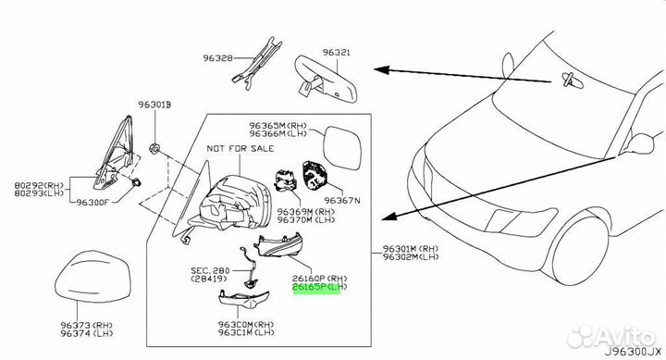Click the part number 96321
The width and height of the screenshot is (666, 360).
click(x=337, y=53)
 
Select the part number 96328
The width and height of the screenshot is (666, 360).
click(x=218, y=57)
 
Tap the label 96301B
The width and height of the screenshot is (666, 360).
click(x=154, y=105)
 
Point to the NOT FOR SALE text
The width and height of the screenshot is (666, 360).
click(x=240, y=149)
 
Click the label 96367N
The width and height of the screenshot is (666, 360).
click(x=342, y=200)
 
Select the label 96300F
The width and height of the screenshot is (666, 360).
click(x=92, y=202)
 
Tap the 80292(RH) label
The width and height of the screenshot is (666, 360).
click(x=39, y=185)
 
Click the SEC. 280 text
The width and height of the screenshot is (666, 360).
click(x=210, y=270)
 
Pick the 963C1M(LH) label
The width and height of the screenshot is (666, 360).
click(x=246, y=332)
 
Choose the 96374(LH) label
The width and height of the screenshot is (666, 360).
click(x=87, y=334)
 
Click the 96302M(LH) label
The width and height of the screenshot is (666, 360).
click(x=411, y=256)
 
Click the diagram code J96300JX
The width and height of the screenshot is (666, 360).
click(x=634, y=352)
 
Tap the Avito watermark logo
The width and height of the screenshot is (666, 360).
click(x=612, y=337)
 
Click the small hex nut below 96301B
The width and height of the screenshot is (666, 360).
click(x=154, y=148)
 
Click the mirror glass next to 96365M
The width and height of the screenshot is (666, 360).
click(x=342, y=148)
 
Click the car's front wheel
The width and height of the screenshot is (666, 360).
click(x=581, y=250)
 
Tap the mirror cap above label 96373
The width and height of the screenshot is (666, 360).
click(x=93, y=277)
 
